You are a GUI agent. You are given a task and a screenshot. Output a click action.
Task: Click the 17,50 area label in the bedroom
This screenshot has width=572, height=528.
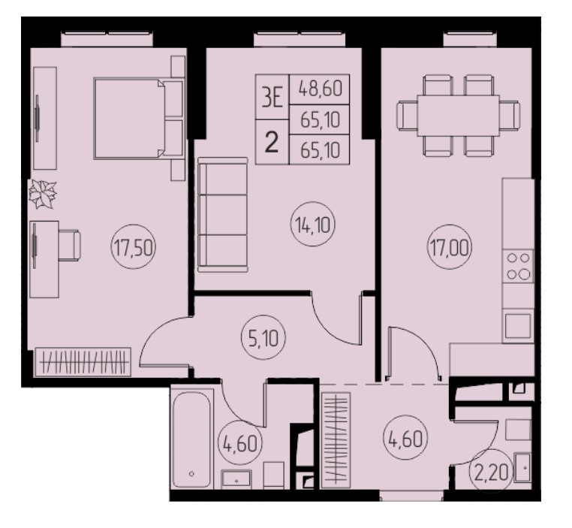click(134, 247)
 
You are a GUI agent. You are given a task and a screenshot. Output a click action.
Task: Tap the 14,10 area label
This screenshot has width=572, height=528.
click(312, 225)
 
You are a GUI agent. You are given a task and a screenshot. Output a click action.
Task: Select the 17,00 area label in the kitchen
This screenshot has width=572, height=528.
click(450, 247)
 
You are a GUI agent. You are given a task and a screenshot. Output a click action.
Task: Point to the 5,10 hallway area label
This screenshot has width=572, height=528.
click(263, 338)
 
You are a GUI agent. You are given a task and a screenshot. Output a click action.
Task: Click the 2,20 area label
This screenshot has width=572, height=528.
click(491, 473)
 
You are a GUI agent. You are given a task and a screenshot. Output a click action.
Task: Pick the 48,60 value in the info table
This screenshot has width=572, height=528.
click(320, 89)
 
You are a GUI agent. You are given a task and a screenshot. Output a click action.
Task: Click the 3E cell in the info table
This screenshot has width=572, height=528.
click(272, 98)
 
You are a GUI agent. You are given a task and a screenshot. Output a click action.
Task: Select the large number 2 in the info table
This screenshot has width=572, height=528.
click(272, 142)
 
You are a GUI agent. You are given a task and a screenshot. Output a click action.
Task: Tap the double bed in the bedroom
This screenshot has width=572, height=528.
click(138, 118)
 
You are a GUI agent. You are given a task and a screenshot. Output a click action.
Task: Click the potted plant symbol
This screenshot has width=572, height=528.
click(43, 194)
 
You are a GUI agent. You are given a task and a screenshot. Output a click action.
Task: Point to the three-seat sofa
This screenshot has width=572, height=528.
click(222, 215)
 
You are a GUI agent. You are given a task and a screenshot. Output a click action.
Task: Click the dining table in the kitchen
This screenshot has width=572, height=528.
click(458, 116)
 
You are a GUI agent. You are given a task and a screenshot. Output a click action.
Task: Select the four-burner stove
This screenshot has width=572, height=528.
click(518, 266)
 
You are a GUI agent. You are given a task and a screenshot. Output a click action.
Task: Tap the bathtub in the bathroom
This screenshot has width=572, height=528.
click(192, 439)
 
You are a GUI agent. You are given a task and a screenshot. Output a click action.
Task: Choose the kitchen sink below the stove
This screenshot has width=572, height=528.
click(518, 325)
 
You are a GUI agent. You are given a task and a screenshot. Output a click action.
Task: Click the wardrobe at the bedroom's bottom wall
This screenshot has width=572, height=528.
click(83, 361)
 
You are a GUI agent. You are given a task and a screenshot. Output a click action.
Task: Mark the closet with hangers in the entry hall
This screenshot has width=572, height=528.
click(336, 440)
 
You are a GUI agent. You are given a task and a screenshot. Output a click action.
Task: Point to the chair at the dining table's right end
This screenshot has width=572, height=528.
click(510, 116)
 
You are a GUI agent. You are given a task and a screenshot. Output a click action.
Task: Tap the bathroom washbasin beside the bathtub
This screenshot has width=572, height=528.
click(236, 479)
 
